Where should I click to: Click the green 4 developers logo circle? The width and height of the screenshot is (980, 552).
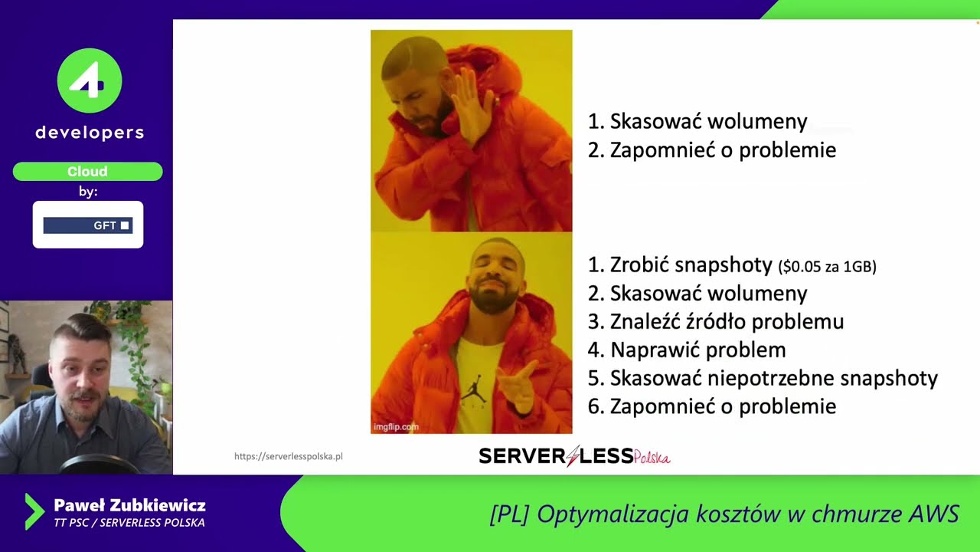pos(90,80)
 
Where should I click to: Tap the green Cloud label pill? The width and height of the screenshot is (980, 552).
pos(87,172)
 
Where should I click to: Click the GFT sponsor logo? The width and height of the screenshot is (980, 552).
pos(88,225)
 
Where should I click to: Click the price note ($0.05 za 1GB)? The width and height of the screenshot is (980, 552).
pos(827,267)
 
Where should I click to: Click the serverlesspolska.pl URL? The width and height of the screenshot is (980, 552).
pos(289,456)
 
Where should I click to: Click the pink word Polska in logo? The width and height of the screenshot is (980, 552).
pos(652,458)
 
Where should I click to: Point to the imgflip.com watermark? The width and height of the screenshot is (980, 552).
pos(396,427)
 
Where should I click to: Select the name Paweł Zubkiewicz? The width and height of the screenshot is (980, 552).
pos(129,506)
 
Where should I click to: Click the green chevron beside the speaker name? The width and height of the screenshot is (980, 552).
pos(34,512)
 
